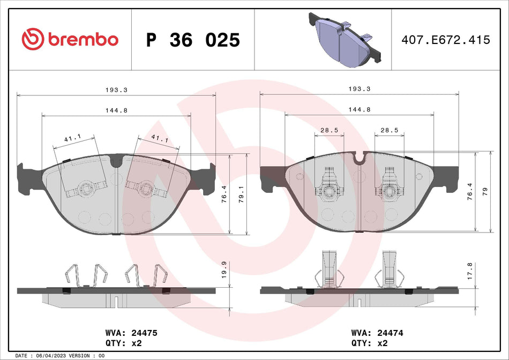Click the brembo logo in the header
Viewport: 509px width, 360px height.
tap(70, 39)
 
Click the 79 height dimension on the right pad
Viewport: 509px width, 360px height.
tap(485, 192)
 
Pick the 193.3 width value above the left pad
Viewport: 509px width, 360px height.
tap(117, 90)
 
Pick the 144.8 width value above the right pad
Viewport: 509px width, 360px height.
tap(360, 109)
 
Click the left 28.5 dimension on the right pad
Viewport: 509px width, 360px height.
tap(328, 130)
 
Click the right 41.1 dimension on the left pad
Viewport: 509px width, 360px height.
tap(159, 139)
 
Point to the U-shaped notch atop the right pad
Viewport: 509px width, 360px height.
tap(360, 157)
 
